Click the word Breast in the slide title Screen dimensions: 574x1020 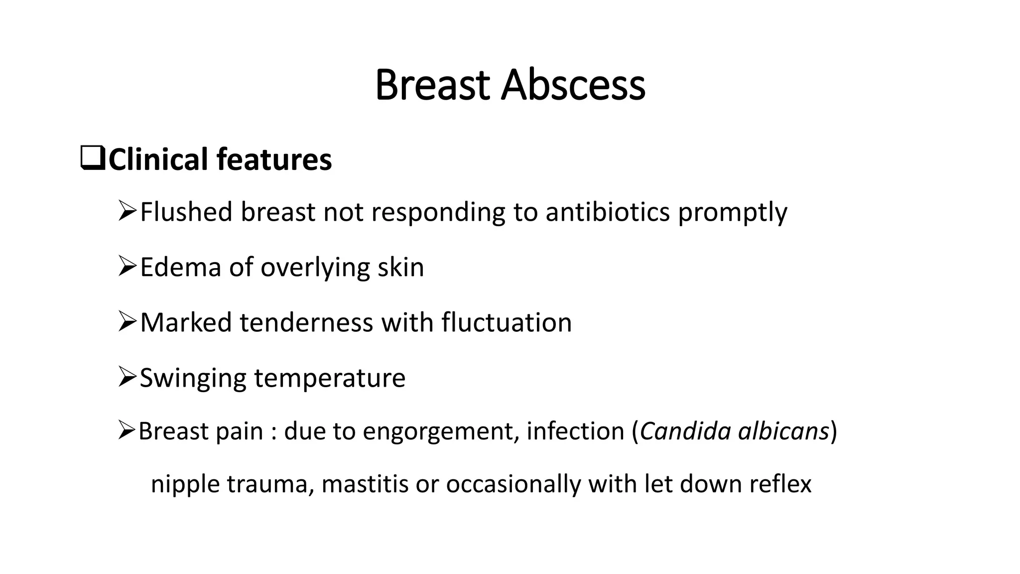click(432, 85)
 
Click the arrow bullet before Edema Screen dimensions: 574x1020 click(127, 266)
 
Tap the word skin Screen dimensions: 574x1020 click(400, 267)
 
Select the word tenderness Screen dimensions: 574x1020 click(306, 322)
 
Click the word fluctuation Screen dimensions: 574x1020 click(507, 322)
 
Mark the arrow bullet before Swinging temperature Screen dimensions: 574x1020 click(127, 377)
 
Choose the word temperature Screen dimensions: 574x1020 click(330, 379)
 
